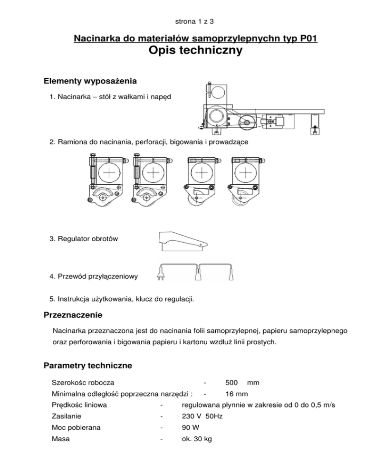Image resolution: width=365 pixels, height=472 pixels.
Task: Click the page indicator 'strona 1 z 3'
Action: [182, 21]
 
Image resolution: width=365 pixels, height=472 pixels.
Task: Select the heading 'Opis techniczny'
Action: [196, 51]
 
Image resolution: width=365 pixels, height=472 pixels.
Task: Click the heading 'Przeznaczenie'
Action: [75, 315]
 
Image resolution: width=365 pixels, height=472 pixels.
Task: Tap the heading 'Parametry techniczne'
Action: [88, 366]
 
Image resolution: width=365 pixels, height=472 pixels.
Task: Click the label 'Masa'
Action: [60, 439]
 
